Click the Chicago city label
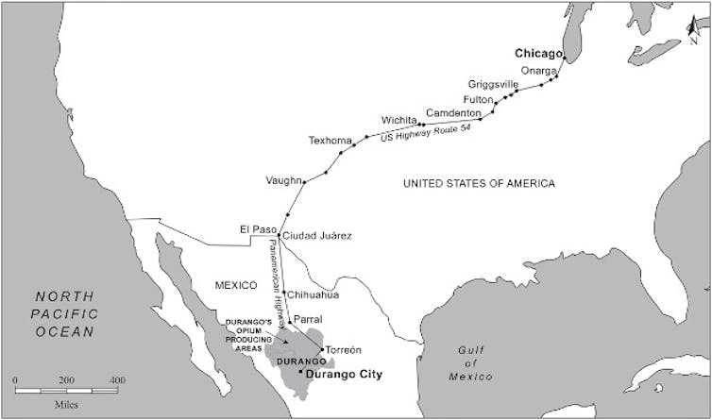(536, 54)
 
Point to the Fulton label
(479, 99)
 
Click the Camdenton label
(452, 112)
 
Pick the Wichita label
(398, 121)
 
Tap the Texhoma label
(330, 141)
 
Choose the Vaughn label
(283, 180)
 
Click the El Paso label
(258, 229)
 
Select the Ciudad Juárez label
(317, 235)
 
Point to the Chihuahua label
(312, 294)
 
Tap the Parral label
(308, 320)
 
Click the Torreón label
(344, 350)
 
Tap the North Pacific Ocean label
(63, 313)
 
